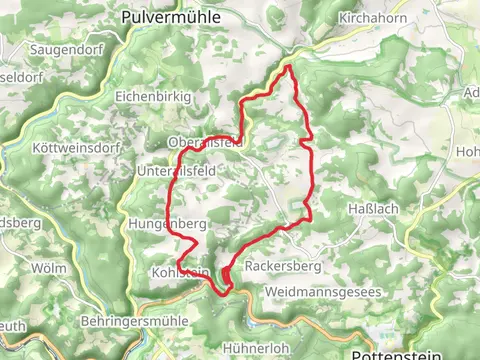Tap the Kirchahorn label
(370, 19)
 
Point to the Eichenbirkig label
(151, 97)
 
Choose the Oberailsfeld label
(206, 143)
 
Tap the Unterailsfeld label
(175, 171)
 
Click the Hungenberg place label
(167, 223)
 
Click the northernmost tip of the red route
(289, 66)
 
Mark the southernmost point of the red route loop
(225, 293)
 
